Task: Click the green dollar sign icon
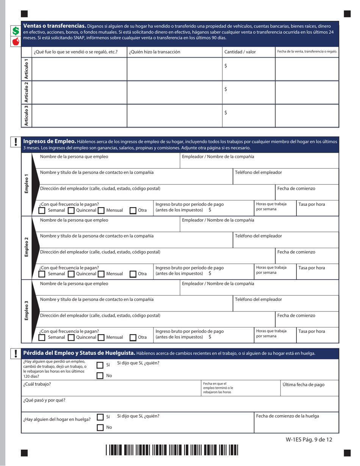point(15,31)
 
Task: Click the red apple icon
point(15,41)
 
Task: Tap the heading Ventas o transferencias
point(54,26)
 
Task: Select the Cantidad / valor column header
point(240,52)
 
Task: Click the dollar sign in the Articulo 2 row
point(226,89)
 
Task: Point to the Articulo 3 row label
point(26,116)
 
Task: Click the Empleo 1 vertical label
point(26,184)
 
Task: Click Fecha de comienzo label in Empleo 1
point(296,188)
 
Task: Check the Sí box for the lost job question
point(100,365)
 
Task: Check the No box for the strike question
point(100,427)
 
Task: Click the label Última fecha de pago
point(304,385)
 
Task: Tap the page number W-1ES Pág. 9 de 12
point(309,439)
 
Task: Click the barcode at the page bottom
point(172,450)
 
